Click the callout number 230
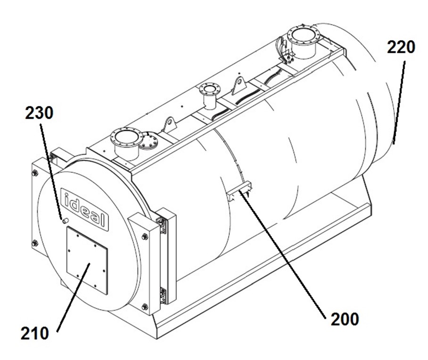(x=40, y=113)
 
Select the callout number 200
(x=345, y=319)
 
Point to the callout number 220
(x=401, y=48)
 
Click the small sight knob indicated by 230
(x=65, y=220)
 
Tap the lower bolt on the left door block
(x=34, y=243)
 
